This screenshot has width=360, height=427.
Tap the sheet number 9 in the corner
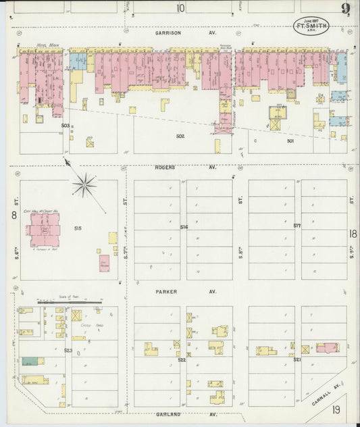[x=344, y=9]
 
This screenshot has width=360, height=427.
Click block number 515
[x=78, y=228]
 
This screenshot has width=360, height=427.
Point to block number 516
[x=184, y=227]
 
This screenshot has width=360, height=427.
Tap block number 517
[x=297, y=225]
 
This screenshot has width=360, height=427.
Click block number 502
[x=180, y=136]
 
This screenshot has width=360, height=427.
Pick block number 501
[x=290, y=141]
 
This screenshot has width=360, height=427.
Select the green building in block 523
[x=29, y=361]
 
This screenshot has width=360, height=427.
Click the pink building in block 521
[x=328, y=348]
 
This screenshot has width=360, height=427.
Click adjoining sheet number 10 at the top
[x=180, y=8]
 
